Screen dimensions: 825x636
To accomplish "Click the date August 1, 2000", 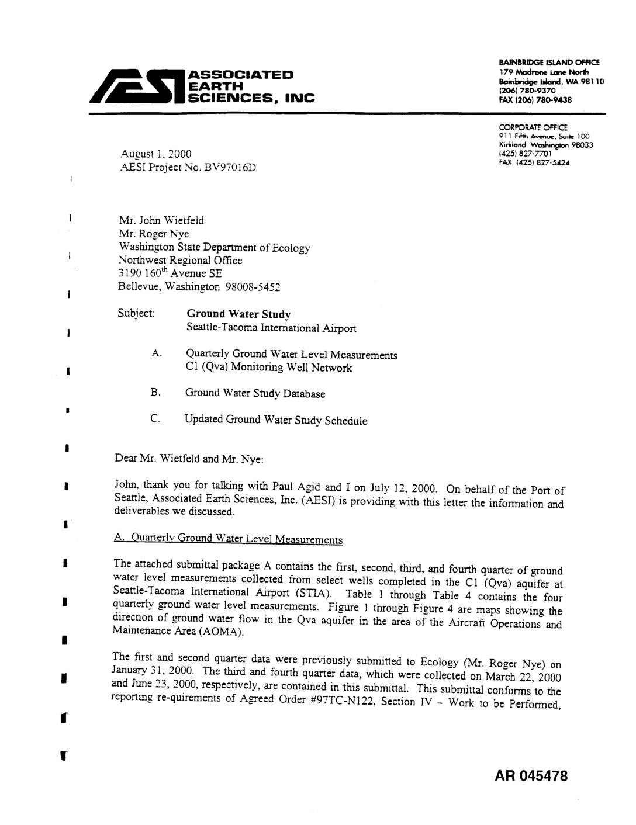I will [x=155, y=154].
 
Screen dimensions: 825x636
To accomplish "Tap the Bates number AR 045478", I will [x=531, y=776].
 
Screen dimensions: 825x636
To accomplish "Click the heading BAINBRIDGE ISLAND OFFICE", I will [x=549, y=63].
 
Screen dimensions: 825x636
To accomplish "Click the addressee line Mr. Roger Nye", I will [x=154, y=234].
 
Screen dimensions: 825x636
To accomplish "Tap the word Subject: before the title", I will [x=136, y=313].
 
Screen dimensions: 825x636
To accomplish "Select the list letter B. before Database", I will [x=155, y=393].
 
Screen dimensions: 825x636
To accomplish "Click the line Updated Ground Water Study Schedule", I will [x=276, y=420].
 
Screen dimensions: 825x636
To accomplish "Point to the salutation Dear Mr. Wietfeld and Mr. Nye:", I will [x=189, y=459].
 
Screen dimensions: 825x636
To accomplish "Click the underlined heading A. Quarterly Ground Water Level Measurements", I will [x=228, y=539].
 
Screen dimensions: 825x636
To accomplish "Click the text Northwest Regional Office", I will [x=180, y=261].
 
